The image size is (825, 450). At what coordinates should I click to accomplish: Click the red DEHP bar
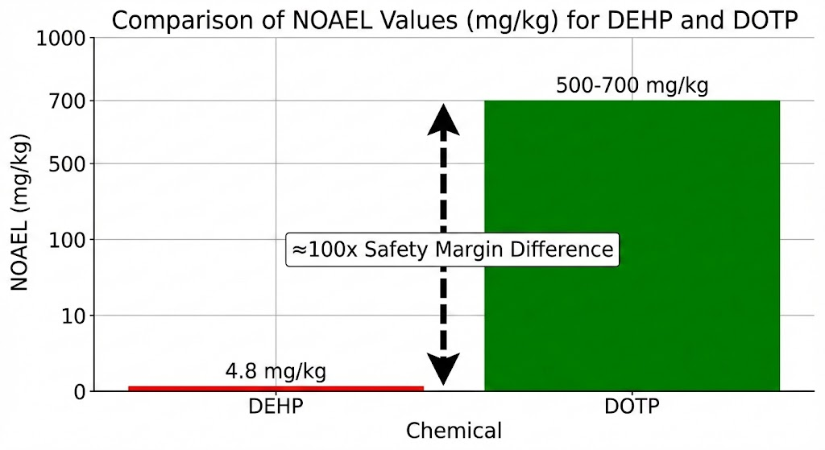point(276,388)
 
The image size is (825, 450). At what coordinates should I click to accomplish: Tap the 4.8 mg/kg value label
point(276,371)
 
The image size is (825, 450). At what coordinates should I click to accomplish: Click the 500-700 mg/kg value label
point(632,85)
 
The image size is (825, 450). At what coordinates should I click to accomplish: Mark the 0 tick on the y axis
point(79,392)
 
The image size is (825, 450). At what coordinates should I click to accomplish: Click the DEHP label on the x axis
point(276,407)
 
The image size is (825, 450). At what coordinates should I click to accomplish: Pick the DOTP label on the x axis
point(632,407)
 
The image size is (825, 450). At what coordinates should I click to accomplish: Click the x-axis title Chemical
point(454,431)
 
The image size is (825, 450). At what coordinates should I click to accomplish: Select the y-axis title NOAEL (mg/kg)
point(21,215)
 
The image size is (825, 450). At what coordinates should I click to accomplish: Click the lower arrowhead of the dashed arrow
point(443,370)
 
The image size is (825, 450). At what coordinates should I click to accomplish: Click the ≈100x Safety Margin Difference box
point(452,250)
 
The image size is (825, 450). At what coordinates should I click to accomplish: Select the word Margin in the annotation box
point(473,250)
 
